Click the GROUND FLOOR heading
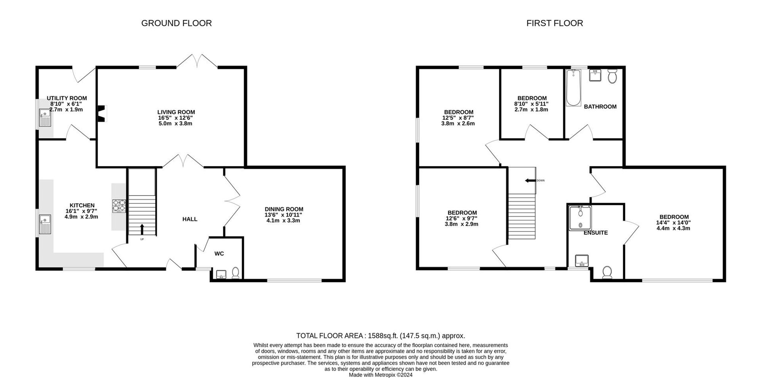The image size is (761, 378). [177, 23]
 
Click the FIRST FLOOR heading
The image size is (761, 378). [554, 23]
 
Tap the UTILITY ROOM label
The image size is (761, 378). [67, 98]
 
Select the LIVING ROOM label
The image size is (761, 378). [176, 112]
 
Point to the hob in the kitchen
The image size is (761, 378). [119, 206]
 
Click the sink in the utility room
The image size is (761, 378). [45, 117]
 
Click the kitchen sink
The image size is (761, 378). [45, 224]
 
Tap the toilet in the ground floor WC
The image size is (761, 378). [236, 273]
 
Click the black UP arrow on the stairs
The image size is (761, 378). [142, 229]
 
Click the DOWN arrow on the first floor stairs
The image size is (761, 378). [530, 180]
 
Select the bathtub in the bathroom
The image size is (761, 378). [573, 88]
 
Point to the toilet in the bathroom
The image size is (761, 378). [612, 76]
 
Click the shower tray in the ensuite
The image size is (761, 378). [580, 218]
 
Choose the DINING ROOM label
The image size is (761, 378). [284, 209]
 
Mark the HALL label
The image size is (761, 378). [190, 219]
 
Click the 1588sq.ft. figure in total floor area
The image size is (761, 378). [382, 336]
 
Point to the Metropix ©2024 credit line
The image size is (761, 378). [380, 375]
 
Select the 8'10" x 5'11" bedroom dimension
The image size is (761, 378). [532, 104]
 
